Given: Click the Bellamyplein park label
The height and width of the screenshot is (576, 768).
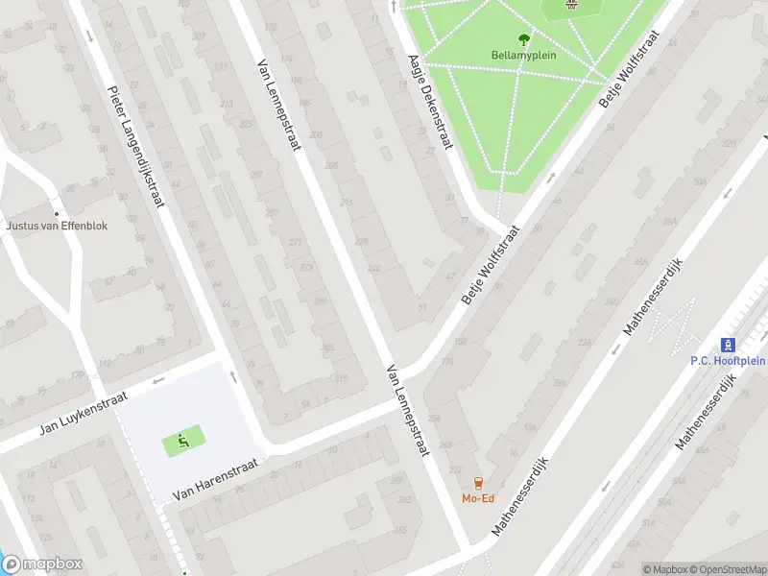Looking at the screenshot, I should (x=524, y=55).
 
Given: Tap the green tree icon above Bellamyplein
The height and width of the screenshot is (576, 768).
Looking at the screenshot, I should (x=524, y=39).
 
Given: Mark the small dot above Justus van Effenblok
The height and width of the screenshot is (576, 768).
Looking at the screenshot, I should (x=56, y=213).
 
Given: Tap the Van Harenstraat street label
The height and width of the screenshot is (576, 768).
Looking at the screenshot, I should (x=216, y=479).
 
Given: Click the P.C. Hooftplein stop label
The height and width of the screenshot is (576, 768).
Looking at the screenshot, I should (x=728, y=361).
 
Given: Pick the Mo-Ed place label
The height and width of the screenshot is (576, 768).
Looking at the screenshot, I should (x=477, y=498).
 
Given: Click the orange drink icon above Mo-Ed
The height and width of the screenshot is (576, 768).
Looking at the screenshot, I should (x=477, y=483).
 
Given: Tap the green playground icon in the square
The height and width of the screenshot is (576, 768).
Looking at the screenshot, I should (x=182, y=441).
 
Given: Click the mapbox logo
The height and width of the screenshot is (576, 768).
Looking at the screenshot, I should (x=42, y=564).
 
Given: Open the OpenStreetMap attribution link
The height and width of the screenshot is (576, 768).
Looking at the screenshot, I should (x=726, y=569).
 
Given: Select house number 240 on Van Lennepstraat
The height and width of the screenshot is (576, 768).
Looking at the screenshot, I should (x=372, y=268).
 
